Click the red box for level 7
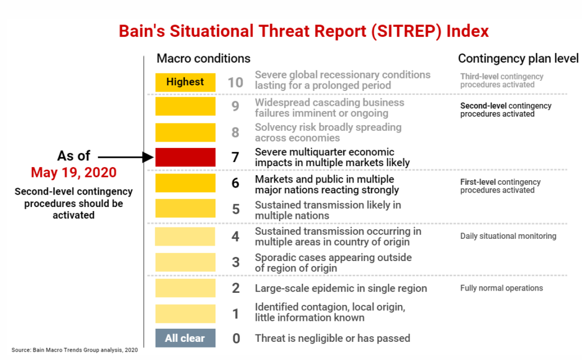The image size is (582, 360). tap(185, 157)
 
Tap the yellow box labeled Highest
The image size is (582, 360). tap(185, 82)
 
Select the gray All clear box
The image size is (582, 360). tap(185, 338)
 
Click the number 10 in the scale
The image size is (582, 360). tap(235, 82)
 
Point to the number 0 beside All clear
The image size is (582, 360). tap(236, 338)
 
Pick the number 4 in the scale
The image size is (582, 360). tap(235, 236)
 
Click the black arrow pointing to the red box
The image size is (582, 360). tap(126, 157)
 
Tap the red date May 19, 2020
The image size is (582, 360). tap(73, 172)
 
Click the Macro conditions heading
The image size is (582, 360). tap(203, 59)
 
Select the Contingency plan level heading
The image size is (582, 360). tap(518, 59)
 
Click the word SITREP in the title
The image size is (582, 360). tap(406, 31)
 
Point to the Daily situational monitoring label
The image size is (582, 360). tap(508, 236)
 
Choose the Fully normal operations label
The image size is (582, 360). tap(501, 288)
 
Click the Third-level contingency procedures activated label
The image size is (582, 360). tap(502, 81)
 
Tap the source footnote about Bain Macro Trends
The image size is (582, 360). tap(74, 350)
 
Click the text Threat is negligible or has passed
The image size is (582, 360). tap(332, 338)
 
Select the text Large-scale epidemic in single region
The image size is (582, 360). tap(341, 288)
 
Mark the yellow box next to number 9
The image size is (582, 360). tap(185, 106)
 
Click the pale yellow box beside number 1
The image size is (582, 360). tap(185, 314)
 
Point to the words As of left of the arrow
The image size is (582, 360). tap(73, 156)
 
